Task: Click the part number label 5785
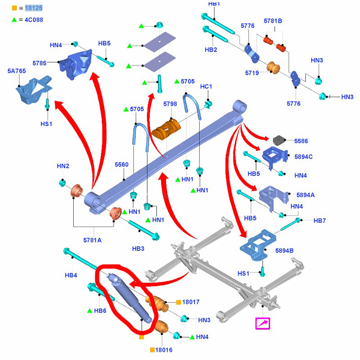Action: (40, 63)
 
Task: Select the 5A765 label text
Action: (17, 71)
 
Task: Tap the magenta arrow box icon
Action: (262, 324)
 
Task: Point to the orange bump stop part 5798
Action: (166, 129)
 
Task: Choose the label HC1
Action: (206, 86)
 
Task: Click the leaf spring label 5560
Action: (121, 165)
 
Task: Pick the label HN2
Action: (63, 166)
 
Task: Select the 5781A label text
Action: (92, 240)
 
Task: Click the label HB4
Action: (71, 275)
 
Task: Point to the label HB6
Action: (100, 310)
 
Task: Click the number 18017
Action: (191, 302)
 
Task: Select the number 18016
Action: (164, 350)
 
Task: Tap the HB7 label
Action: (319, 220)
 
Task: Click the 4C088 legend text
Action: (34, 20)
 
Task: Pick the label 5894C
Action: (304, 157)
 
